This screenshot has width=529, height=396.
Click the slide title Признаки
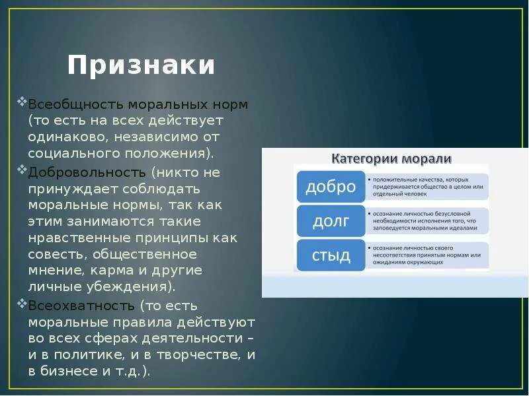point(141,66)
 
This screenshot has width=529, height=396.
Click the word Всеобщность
point(75,104)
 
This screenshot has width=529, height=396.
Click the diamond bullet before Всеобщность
point(23,102)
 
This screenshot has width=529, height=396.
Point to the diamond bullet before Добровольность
point(23,170)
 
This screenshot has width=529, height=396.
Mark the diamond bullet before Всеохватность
point(23,304)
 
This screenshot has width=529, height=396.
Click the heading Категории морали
point(391,158)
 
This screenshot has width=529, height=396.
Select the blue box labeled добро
point(330,187)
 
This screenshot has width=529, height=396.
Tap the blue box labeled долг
point(330,221)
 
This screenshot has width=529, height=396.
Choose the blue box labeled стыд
point(330,255)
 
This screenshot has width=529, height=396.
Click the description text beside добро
point(427,187)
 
